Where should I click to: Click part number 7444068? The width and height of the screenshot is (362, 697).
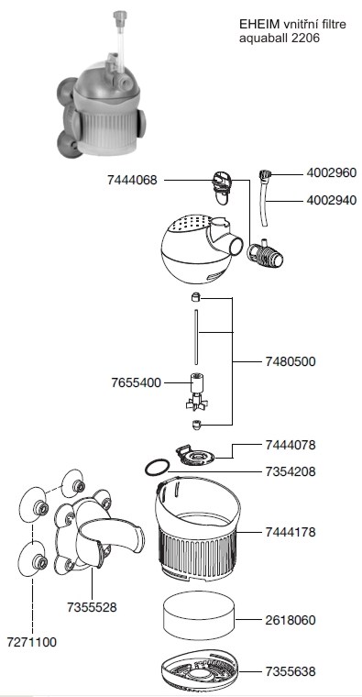132,180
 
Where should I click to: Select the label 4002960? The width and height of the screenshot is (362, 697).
332,173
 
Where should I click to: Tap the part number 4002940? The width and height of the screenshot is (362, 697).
332,201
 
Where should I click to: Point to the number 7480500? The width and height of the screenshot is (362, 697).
291,361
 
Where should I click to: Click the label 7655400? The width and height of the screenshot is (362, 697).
136,382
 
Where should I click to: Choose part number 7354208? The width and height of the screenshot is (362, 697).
291,471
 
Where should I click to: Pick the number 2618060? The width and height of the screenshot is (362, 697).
291,620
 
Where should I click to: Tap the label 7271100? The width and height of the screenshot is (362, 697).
31,642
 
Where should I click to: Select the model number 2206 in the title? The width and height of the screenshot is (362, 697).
305,38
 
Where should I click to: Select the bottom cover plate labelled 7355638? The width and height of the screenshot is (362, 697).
199,670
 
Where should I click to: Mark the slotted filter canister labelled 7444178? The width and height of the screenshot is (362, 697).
198,529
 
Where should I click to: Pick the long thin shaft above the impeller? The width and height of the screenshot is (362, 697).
195,337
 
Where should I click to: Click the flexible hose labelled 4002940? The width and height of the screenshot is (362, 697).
266,199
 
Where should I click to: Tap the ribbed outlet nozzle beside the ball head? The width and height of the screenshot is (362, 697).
266,254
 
